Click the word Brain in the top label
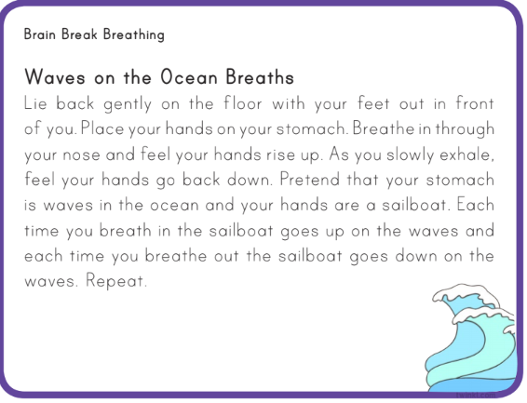[40, 34]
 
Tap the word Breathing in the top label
[134, 35]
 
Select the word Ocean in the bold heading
[189, 77]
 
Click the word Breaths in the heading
[260, 77]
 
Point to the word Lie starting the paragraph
[35, 102]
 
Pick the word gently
[128, 104]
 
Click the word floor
[243, 102]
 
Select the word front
[475, 102]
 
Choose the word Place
[102, 128]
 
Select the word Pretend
[310, 180]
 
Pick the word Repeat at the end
[116, 281]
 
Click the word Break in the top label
[79, 34]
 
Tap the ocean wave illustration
[471, 339]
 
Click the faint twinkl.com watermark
[476, 396]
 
